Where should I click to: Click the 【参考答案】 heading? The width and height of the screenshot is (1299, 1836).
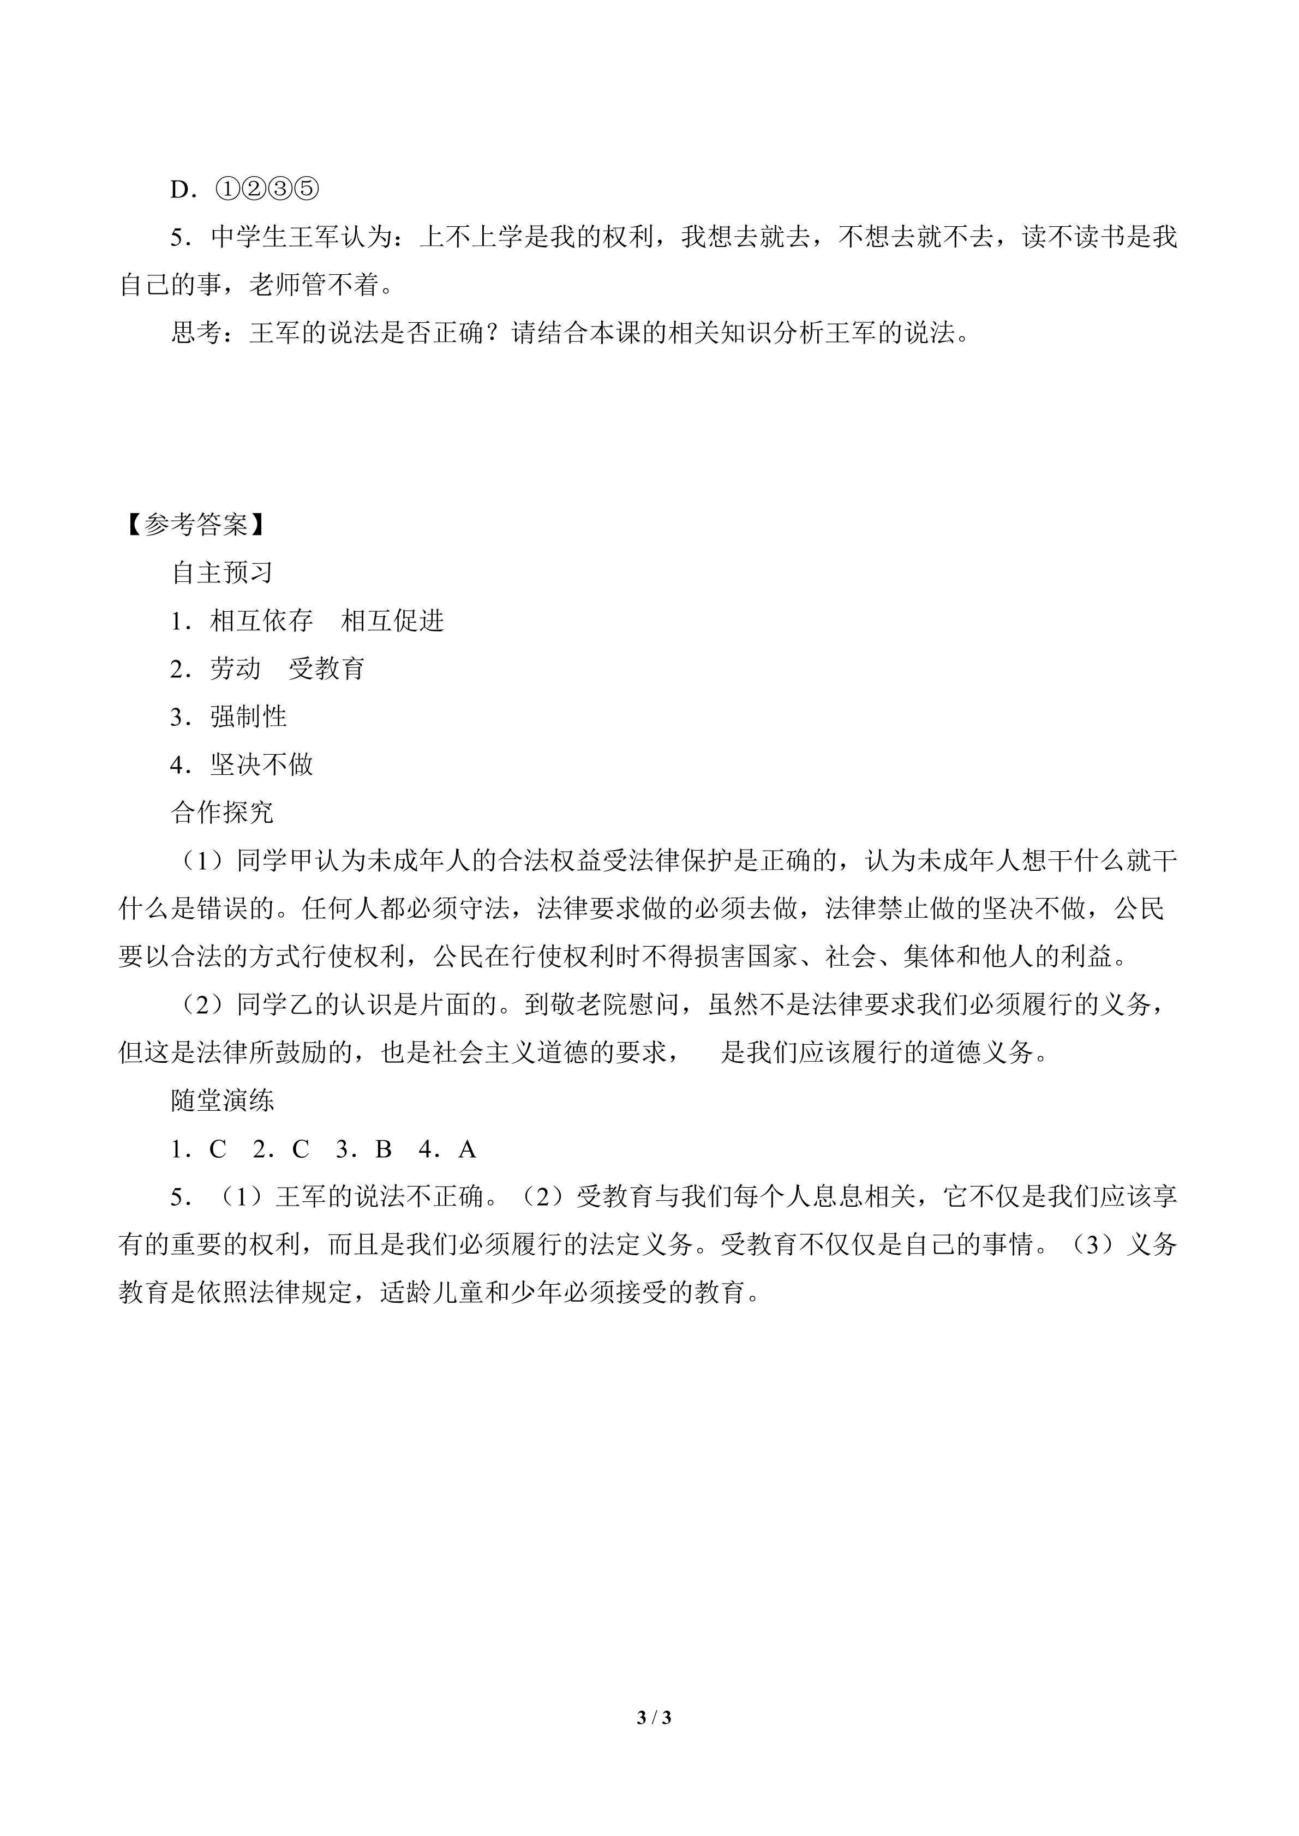pyautogui.click(x=195, y=525)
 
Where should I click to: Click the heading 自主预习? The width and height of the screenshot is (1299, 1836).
pyautogui.click(x=223, y=573)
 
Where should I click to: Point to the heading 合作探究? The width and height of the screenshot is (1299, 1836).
pyautogui.click(x=223, y=812)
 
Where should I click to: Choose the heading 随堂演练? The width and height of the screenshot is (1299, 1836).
pyautogui.click(x=223, y=1101)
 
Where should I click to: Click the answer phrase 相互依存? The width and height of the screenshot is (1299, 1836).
pyautogui.click(x=261, y=621)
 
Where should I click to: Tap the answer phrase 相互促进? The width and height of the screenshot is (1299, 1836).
pyautogui.click(x=392, y=621)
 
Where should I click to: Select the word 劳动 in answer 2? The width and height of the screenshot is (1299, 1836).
pyautogui.click(x=236, y=669)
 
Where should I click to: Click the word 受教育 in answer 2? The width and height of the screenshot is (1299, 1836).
pyautogui.click(x=327, y=669)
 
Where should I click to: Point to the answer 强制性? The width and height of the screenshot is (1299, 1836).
pyautogui.click(x=249, y=717)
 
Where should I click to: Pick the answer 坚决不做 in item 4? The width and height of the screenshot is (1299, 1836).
pyautogui.click(x=261, y=765)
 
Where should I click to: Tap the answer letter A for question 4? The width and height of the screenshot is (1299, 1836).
pyautogui.click(x=467, y=1149)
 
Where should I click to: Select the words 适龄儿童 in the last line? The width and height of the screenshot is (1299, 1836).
pyautogui.click(x=432, y=1293)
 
